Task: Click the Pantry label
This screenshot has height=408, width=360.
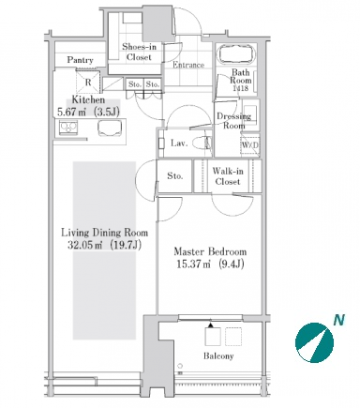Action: click(80, 60)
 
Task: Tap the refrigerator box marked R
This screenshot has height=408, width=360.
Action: click(88, 83)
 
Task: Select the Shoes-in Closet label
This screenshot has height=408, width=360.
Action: click(139, 52)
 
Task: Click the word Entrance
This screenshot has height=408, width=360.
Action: click(188, 65)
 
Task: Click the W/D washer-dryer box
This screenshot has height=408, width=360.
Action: click(250, 145)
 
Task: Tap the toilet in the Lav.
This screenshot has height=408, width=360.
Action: click(202, 144)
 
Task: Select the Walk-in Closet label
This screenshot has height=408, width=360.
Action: click(228, 176)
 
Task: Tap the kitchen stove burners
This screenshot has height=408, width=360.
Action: click(68, 128)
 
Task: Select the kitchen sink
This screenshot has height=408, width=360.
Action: click(110, 128)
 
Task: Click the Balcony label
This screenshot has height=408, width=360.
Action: click(218, 356)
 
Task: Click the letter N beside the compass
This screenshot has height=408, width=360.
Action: click(338, 320)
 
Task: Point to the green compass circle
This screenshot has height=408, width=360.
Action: click(314, 342)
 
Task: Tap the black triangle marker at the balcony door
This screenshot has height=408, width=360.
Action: click(211, 325)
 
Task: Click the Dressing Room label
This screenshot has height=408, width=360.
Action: click(234, 121)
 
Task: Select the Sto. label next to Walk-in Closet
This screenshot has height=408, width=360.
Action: click(174, 176)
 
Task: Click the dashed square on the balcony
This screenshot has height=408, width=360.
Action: click(233, 337)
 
